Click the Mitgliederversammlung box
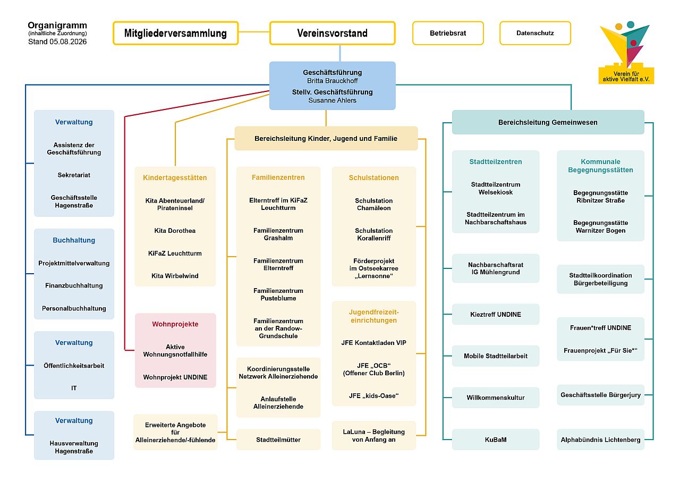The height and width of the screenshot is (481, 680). coord(175,33)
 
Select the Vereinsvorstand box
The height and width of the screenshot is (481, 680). coord(333,33)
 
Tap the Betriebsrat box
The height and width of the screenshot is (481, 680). coord(448,33)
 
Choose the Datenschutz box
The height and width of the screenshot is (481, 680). coord(535,33)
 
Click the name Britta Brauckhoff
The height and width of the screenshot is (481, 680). coord(333,81)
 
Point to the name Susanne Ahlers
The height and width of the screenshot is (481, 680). coord(333,100)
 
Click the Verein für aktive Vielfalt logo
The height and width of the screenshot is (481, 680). coord(626,53)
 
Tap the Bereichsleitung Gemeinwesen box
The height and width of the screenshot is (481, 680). coord(548,122)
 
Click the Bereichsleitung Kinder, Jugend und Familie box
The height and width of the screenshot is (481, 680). coord(326,139)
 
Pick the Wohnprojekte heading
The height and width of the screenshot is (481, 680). coord(175,324)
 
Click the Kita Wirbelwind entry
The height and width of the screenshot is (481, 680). coord(175,276)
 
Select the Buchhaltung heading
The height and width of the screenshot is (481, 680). coord(74,240)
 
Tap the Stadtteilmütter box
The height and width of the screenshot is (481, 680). coord(278,440)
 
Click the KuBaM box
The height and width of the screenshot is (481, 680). coord(496,440)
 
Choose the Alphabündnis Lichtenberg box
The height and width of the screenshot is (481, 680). coord(600,440)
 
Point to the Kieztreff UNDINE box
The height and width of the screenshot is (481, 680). coord(496,314)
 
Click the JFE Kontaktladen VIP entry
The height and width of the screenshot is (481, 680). coord(373,343)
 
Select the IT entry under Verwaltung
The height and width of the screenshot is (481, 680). coord(74,388)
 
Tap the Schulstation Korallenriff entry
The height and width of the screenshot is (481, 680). coord(373,234)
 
